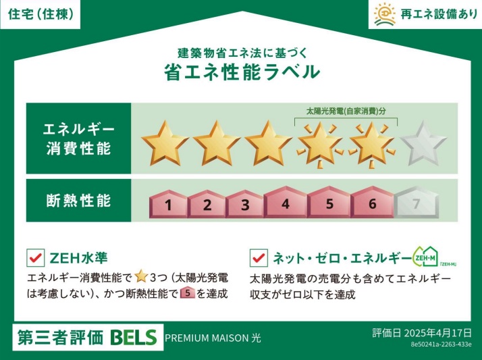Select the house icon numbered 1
[x=168, y=204]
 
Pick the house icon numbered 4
[x=286, y=202]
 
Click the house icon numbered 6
[x=372, y=202]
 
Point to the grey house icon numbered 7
[x=415, y=203]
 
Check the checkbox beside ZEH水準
[x=34, y=258]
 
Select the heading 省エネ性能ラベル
[x=241, y=72]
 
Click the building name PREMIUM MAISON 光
[x=213, y=338]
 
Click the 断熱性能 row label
[x=78, y=201]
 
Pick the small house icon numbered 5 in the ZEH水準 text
[x=187, y=293]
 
